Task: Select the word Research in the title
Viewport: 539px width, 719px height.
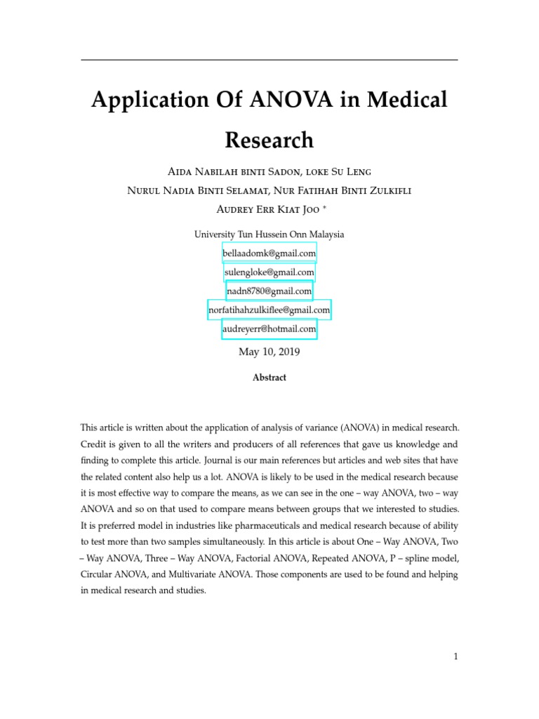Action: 269,140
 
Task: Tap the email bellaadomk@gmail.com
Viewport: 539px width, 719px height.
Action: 269,252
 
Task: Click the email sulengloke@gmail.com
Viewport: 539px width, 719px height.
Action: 269,272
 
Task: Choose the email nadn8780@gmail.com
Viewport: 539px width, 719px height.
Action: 269,291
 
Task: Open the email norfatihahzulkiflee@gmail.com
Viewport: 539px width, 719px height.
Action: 269,310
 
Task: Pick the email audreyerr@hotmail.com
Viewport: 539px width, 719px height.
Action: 269,329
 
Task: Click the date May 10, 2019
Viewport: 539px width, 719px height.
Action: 269,352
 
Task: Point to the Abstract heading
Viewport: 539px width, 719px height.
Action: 269,378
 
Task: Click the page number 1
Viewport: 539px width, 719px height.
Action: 455,657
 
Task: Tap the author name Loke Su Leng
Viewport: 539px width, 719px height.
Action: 334,172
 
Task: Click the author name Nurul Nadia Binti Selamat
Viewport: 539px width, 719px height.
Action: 186,191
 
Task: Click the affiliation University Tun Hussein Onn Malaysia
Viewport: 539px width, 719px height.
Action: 269,235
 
